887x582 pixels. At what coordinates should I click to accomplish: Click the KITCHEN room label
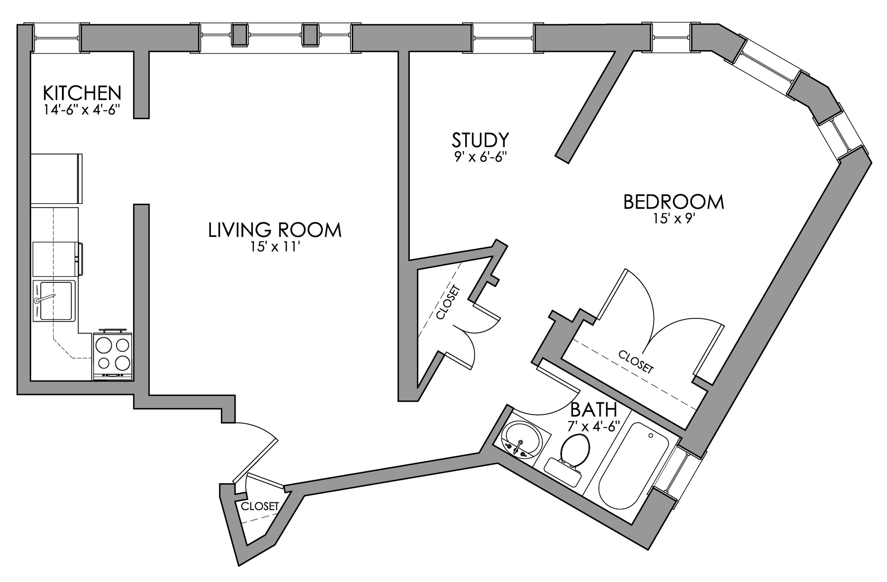(82, 93)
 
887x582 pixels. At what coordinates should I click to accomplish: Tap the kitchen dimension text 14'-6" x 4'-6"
(82, 110)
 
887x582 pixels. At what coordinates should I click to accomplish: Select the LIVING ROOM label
(275, 230)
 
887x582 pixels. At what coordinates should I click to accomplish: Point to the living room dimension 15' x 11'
(275, 247)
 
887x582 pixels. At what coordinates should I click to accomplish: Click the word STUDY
(480, 140)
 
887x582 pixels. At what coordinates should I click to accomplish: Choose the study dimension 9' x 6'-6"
(480, 157)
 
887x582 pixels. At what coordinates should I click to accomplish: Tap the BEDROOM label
(673, 202)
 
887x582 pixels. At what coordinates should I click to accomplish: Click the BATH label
(593, 409)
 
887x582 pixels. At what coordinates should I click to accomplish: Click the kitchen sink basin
(55, 300)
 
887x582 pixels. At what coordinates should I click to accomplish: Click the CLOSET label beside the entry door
(260, 506)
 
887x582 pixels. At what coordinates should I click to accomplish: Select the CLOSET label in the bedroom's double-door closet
(635, 362)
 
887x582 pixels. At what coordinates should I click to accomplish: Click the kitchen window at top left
(56, 38)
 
